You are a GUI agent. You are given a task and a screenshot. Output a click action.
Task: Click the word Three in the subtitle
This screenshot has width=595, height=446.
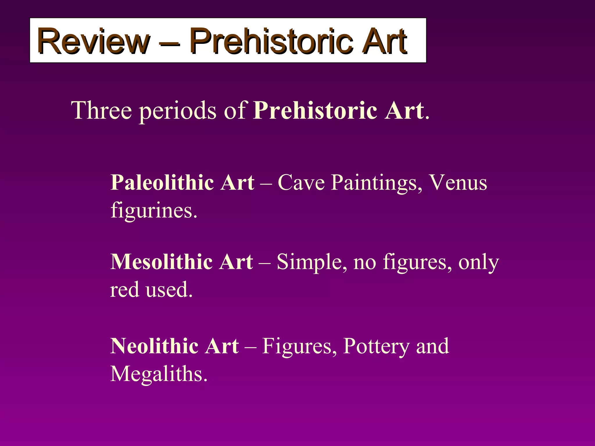101,110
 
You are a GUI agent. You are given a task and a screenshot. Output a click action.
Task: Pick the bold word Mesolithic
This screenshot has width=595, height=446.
162,262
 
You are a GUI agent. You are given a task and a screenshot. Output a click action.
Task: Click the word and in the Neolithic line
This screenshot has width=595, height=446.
433,346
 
